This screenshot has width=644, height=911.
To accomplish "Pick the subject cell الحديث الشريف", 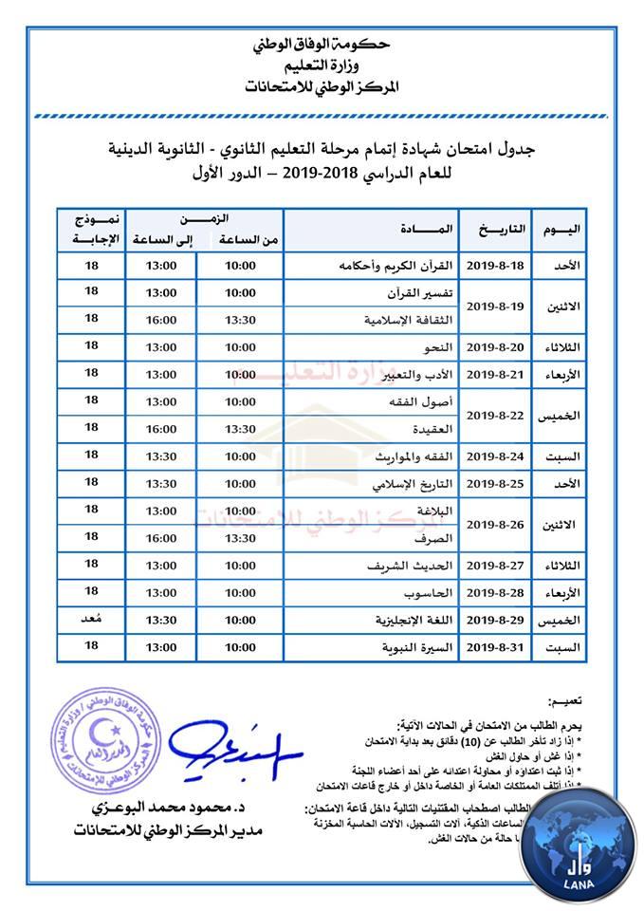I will pyautogui.click(x=414, y=566).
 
